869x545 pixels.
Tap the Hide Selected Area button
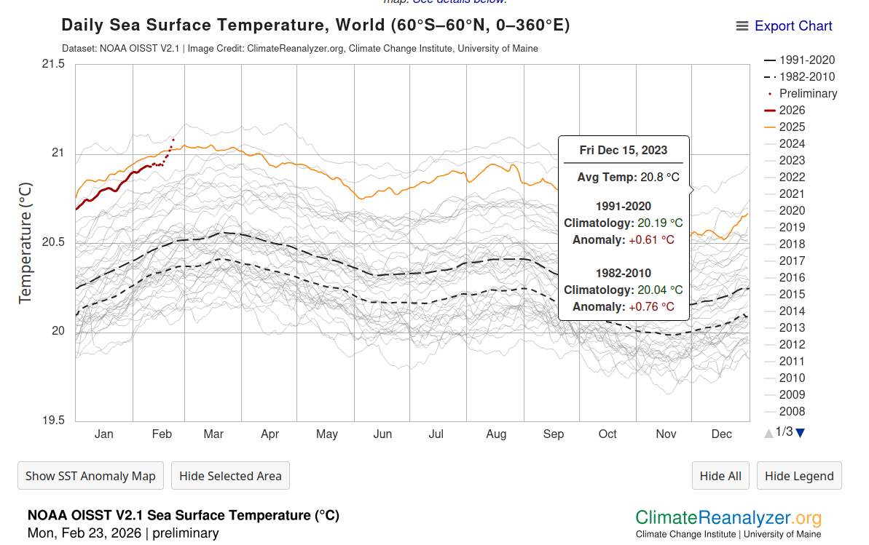tap(230, 476)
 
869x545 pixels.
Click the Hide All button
tap(720, 476)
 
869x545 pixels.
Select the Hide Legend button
tap(799, 476)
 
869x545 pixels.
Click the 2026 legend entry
tap(792, 111)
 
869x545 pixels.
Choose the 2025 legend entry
tap(792, 127)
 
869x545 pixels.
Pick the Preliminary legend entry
tap(808, 94)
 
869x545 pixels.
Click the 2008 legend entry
tap(792, 412)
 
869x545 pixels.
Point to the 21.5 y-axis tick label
tap(53, 64)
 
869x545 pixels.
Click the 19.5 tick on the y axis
tap(53, 421)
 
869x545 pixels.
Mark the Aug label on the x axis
tap(496, 434)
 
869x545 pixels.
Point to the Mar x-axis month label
tap(213, 434)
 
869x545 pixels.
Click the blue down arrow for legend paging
tap(801, 433)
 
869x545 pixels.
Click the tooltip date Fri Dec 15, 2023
tap(623, 151)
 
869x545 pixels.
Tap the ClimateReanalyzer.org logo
tap(728, 519)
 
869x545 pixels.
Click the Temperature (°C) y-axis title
tap(25, 242)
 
